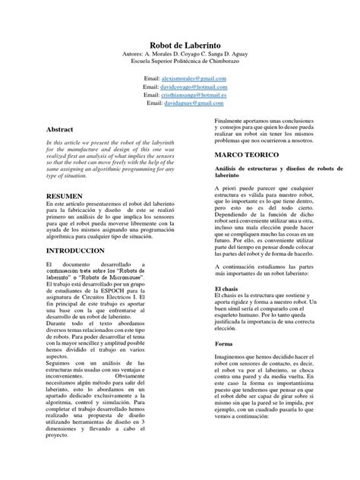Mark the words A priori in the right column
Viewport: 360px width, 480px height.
pos(228,187)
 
